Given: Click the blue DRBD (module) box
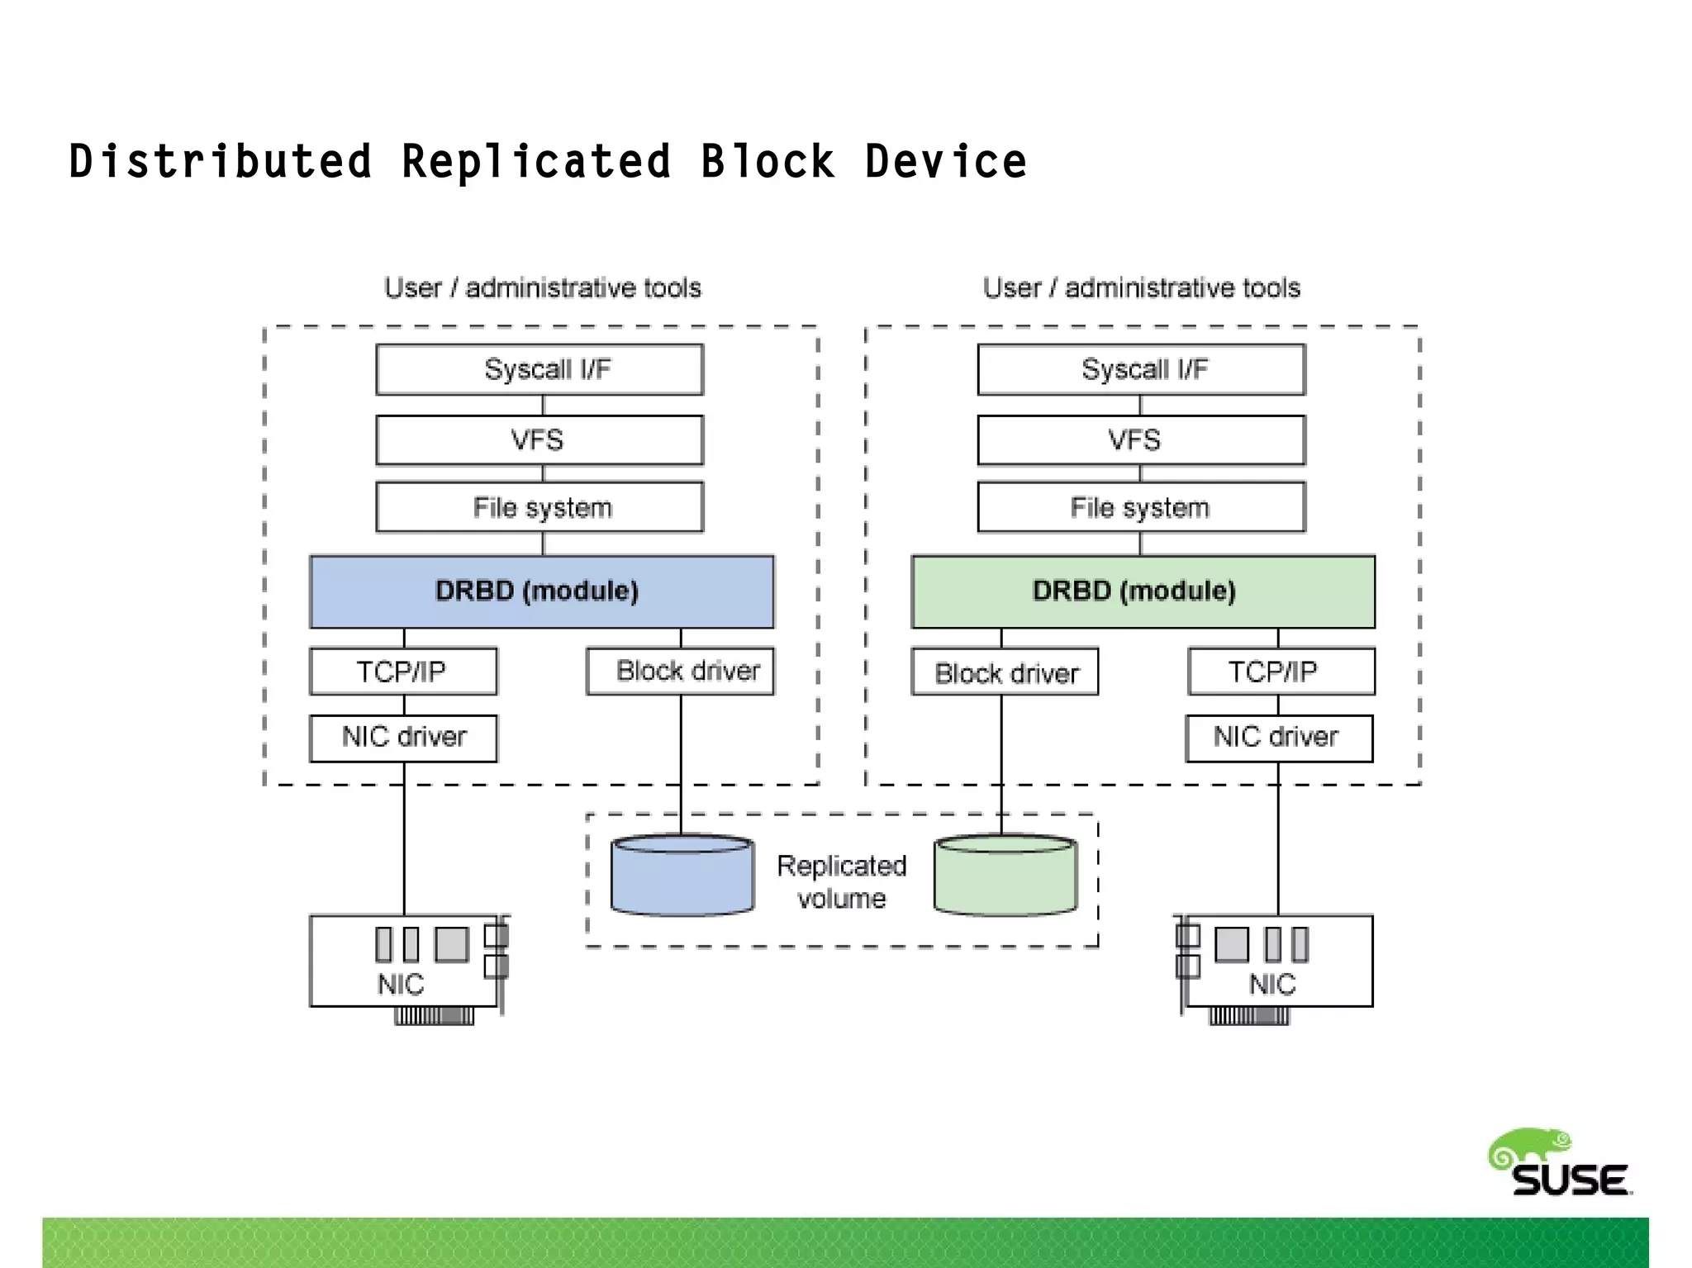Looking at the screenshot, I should point(541,591).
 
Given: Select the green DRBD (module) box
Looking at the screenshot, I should point(1143,591).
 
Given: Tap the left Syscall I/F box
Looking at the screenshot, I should point(539,369).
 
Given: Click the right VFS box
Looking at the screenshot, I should point(1141,439).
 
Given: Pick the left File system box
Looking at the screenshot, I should point(539,507).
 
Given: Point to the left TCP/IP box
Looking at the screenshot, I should point(403,671).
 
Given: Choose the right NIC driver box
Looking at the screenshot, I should point(1279,737).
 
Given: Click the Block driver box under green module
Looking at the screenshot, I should point(1005,672).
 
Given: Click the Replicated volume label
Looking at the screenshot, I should point(842,881).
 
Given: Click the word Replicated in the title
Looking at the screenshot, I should point(536,161).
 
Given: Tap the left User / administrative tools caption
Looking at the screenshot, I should point(542,287).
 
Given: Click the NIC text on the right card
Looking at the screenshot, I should point(1272,985).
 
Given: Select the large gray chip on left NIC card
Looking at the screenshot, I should point(451,944).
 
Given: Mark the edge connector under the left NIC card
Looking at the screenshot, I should point(435,1016).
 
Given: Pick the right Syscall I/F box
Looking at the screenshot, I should point(1141,369).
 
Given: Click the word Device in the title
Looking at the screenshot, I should point(946,161).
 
